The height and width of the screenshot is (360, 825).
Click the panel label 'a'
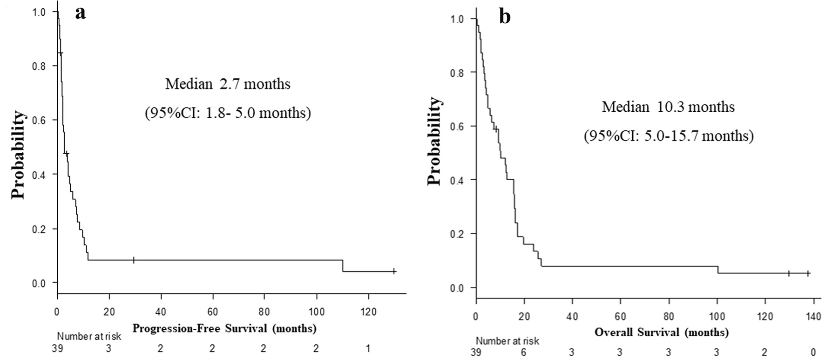coord(81,14)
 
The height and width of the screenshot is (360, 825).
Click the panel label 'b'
coord(505,17)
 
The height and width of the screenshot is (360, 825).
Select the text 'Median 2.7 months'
coord(228,84)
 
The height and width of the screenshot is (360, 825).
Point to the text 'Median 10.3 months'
coord(668,107)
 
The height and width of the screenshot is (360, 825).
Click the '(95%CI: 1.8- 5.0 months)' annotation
coord(228,113)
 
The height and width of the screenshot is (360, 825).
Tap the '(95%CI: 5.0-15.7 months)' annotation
coord(669,136)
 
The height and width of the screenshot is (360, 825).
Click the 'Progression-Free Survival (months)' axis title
coord(224,328)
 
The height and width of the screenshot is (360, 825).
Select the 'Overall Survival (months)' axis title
coord(662,333)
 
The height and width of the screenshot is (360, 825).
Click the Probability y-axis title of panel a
coord(19,155)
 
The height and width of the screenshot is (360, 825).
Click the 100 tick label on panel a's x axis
coord(317,312)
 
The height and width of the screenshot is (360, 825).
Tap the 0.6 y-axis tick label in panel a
coord(39,120)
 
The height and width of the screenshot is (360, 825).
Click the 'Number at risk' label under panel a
coord(89,336)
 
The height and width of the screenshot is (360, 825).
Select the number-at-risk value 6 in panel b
coord(524,353)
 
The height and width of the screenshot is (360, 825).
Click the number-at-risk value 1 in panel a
coord(368,348)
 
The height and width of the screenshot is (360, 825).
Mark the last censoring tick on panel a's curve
coord(394,271)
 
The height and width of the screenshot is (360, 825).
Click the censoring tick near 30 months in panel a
coord(134,260)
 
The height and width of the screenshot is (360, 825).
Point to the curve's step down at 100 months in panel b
coord(717,270)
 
